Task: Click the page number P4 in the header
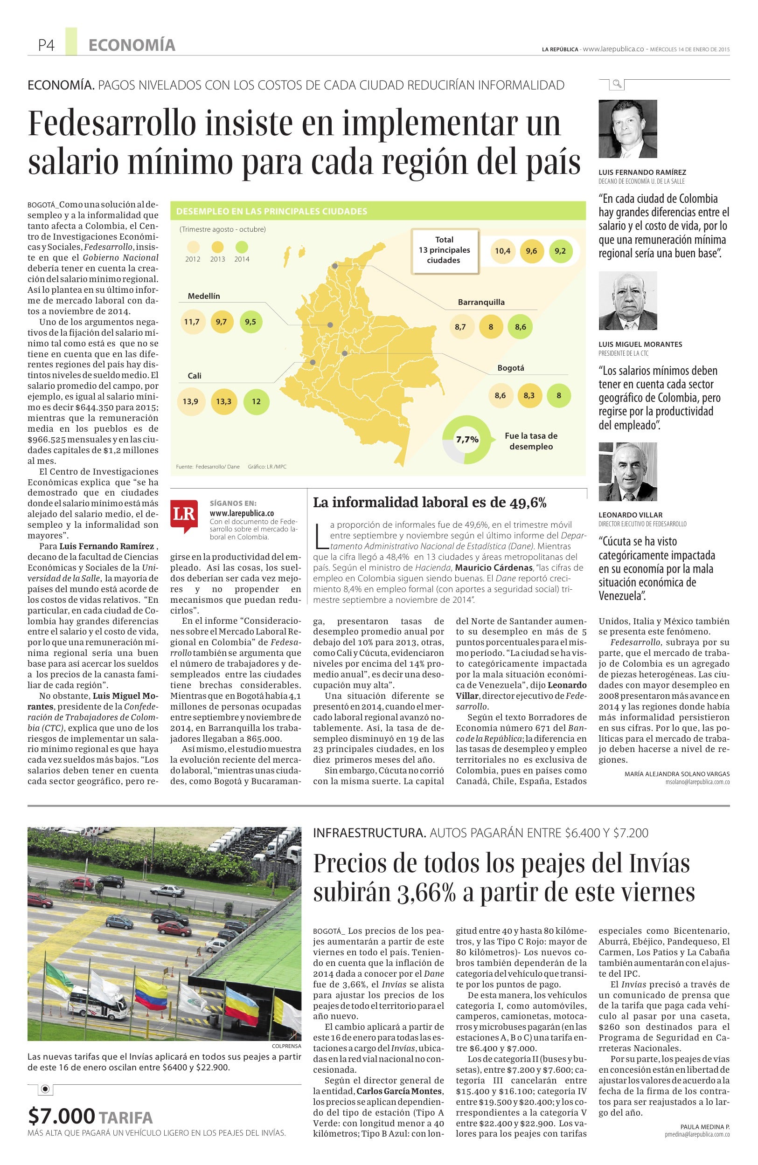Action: click(x=46, y=46)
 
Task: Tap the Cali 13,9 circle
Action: click(x=190, y=401)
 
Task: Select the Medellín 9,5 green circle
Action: click(x=250, y=322)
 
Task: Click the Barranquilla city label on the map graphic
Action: click(x=481, y=302)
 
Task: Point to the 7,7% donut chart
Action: click(x=466, y=439)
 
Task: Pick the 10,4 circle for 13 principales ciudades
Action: click(x=502, y=251)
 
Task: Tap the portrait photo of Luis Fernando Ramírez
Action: click(x=627, y=129)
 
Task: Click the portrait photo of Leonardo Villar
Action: click(x=627, y=471)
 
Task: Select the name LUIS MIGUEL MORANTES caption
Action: click(x=640, y=344)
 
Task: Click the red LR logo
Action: click(x=184, y=513)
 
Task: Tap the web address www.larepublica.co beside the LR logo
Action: click(x=242, y=513)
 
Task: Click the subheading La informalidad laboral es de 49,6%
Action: click(x=430, y=502)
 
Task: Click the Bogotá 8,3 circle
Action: click(x=529, y=395)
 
